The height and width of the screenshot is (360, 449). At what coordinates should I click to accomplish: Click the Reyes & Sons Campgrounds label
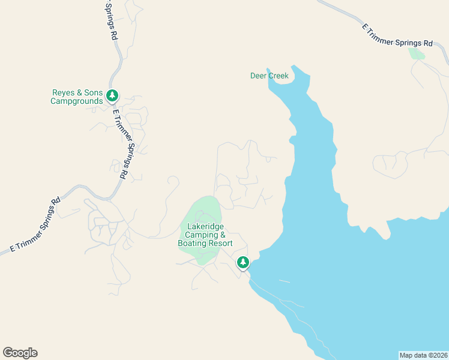tap(77, 97)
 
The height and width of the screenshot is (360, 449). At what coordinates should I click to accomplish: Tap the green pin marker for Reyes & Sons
tap(112, 96)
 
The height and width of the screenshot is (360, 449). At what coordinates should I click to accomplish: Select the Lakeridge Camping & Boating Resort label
tap(205, 235)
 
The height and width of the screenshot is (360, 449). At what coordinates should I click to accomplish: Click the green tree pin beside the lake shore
tap(243, 263)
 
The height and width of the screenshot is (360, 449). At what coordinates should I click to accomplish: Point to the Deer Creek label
tap(270, 76)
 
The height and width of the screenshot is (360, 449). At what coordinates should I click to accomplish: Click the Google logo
tap(20, 353)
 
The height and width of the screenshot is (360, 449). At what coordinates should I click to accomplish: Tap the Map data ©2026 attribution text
tap(423, 355)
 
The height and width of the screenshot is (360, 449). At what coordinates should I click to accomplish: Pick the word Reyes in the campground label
tap(64, 93)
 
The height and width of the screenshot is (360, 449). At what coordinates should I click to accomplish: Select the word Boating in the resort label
tap(192, 244)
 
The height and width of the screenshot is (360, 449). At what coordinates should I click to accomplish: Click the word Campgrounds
tap(77, 101)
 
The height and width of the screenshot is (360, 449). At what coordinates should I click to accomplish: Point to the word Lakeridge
tap(205, 227)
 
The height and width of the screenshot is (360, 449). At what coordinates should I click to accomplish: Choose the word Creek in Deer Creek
tap(279, 76)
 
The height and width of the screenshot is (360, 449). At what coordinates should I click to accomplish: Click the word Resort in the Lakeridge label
tap(220, 244)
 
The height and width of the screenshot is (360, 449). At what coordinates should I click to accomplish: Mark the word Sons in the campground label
tap(93, 93)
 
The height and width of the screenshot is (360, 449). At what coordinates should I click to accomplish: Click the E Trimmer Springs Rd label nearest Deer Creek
tap(397, 36)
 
